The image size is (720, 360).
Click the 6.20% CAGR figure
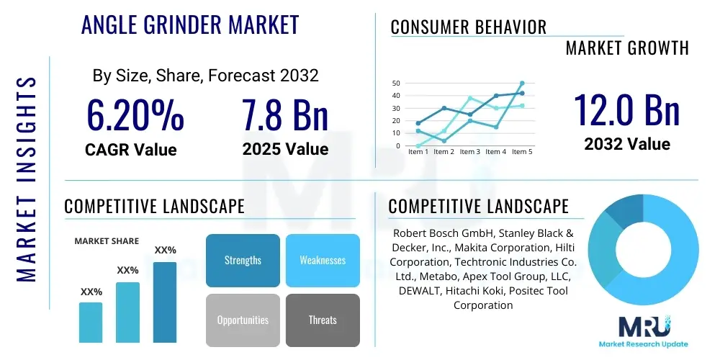(135, 115)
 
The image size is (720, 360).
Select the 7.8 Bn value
(285, 115)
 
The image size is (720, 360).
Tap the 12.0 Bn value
(626, 110)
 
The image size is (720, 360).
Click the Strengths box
(243, 260)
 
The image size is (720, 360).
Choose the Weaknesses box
(323, 260)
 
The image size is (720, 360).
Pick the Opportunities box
(243, 320)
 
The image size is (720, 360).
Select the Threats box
(323, 320)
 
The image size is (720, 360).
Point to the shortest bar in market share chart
(91, 322)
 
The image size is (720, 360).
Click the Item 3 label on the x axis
(469, 152)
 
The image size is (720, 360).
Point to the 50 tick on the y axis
(396, 84)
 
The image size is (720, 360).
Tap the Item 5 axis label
(521, 152)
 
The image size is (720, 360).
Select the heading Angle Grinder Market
(190, 25)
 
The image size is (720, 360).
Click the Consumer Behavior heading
(468, 27)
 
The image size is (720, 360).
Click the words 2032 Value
(626, 144)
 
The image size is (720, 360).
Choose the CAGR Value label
(130, 150)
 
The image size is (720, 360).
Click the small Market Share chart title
(107, 241)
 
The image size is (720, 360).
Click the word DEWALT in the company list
(423, 290)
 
